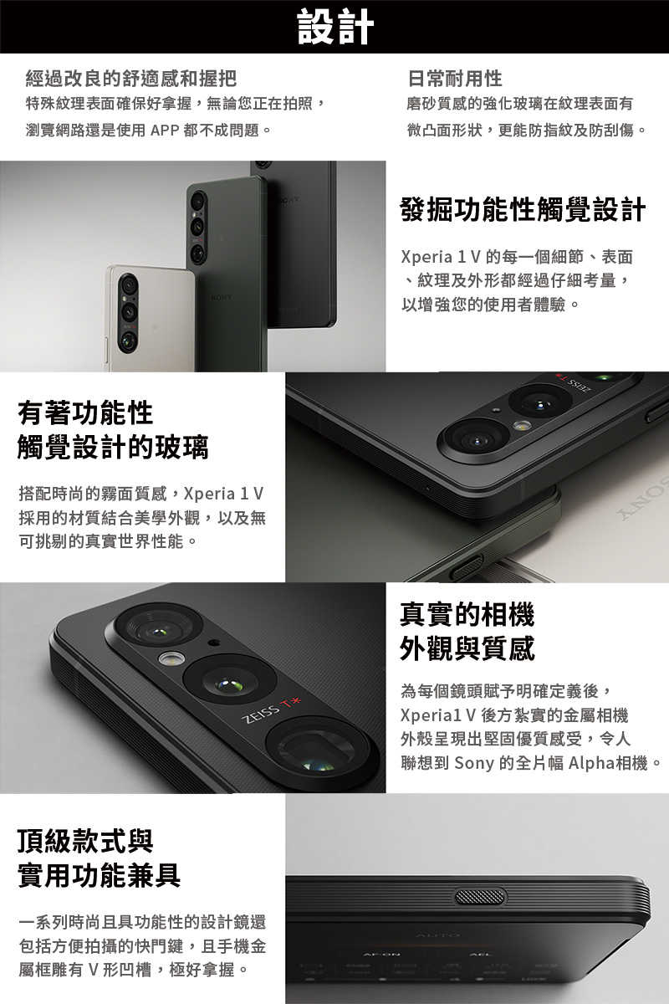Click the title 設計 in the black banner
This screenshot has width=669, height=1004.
point(335,27)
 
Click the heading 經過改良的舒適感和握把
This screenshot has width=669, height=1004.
point(131,79)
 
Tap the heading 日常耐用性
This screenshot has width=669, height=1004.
point(455,79)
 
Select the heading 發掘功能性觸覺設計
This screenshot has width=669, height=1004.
point(523,210)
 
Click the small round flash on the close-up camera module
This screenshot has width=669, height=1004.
point(171,658)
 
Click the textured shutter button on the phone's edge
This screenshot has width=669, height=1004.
point(480,897)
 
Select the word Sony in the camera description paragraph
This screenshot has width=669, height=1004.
point(474,763)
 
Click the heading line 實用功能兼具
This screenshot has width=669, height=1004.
point(100,875)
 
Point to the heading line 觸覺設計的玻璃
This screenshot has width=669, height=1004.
point(113,448)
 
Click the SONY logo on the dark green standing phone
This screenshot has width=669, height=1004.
point(222,297)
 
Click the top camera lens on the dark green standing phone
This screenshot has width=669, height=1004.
point(198,202)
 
